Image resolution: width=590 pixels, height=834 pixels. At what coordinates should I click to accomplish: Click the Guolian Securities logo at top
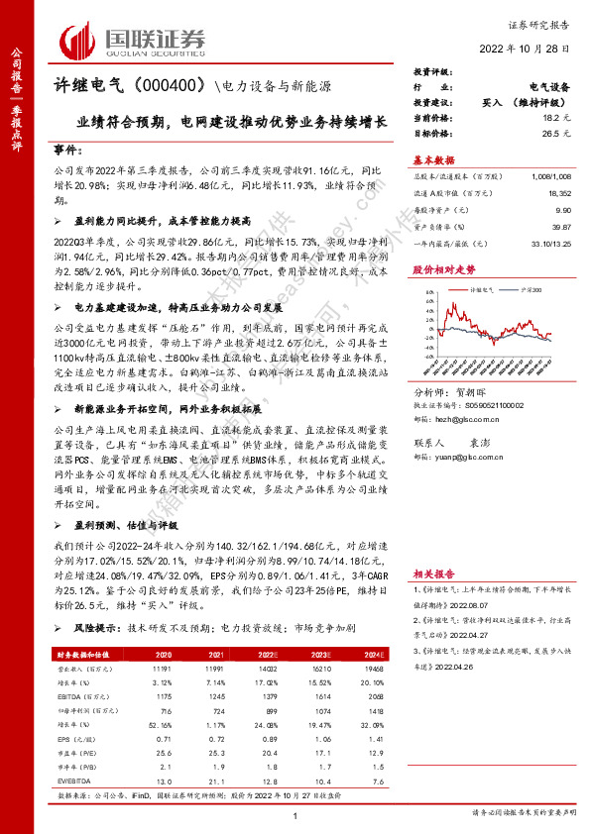pyautogui.click(x=133, y=40)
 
